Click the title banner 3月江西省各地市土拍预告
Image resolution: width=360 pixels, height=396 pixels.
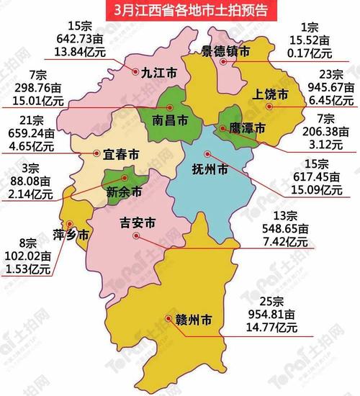[180, 10]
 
